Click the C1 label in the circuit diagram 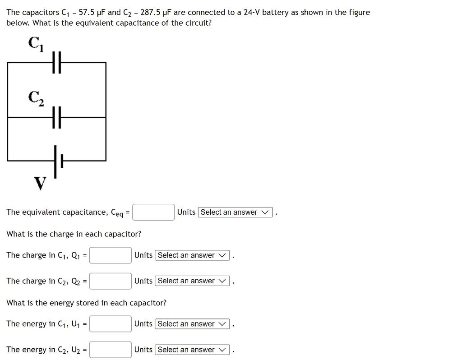(36, 44)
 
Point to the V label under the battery (40, 184)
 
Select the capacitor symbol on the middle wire (56, 117)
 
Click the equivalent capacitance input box (153, 212)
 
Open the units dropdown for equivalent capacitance (235, 212)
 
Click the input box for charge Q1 (111, 255)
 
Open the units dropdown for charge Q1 (192, 255)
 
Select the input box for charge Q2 (111, 281)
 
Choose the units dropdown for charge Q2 (192, 281)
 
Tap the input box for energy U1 (111, 324)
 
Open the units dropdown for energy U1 (192, 324)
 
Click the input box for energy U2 (111, 350)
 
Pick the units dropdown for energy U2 (192, 350)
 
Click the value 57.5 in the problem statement (86, 13)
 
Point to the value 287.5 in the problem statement (150, 13)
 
